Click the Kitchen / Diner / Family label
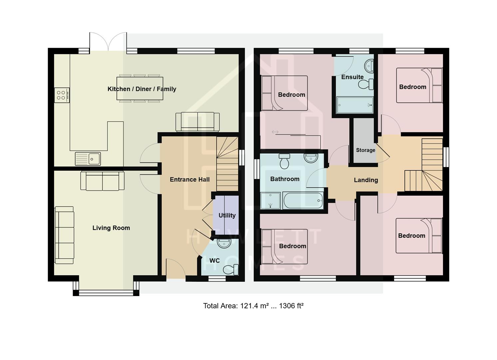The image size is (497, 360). coord(142,89)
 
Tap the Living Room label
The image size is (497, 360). coord(111,228)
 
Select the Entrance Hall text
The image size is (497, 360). coord(190,180)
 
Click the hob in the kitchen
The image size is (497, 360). coord(62,95)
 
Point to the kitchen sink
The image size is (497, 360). coord(88,159)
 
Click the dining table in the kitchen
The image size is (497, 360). coord(140,88)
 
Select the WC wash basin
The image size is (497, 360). coord(224,243)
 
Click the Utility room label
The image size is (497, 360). coord(227,216)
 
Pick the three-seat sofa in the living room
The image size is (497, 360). coord(64,235)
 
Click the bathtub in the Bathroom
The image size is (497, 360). coord(303,201)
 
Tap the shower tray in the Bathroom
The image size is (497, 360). coord(270,201)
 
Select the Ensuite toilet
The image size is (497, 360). coord(366,84)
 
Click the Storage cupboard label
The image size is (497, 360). coord(365,150)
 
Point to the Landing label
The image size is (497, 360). coord(366,180)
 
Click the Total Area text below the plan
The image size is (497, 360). coord(253,306)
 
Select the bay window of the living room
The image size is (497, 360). coord(106,292)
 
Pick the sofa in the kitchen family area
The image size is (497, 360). coord(198,122)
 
